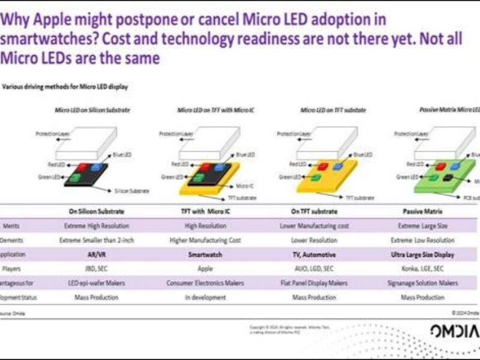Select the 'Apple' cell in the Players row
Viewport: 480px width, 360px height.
(205, 269)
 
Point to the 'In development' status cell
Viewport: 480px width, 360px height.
(205, 297)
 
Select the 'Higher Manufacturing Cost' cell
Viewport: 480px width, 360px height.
(205, 240)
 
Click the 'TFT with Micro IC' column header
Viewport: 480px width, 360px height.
(205, 211)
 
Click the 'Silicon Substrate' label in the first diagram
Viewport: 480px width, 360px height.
(131, 191)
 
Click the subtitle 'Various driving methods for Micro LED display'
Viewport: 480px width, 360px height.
(65, 86)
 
